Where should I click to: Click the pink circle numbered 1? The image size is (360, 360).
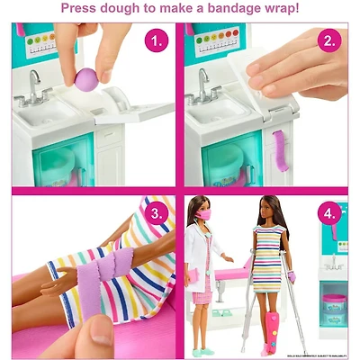point(158,40)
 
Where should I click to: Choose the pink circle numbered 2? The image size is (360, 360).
point(329,40)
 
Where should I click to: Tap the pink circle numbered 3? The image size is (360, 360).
point(158,214)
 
